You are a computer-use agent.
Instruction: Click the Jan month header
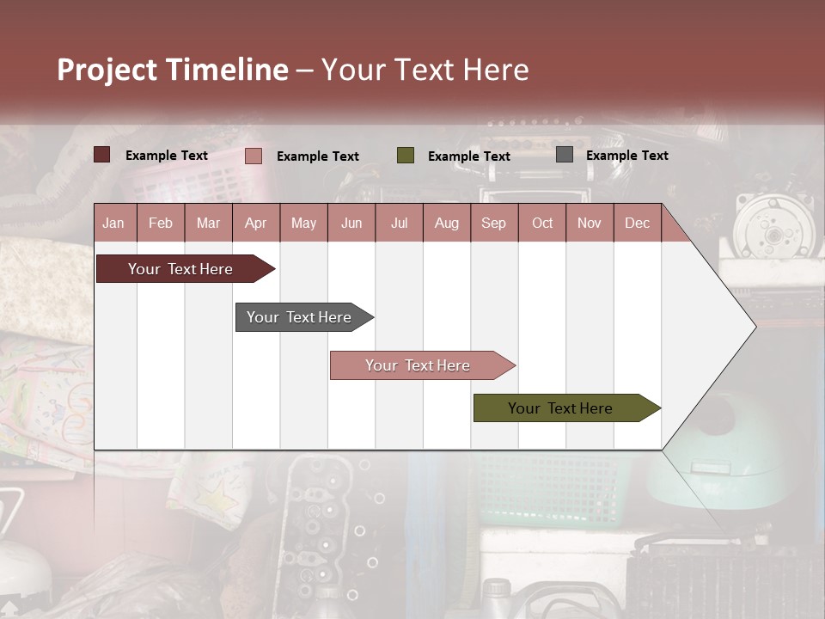pyautogui.click(x=113, y=223)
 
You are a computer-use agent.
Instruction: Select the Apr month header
pyautogui.click(x=255, y=223)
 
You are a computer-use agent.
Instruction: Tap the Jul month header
pyautogui.click(x=399, y=223)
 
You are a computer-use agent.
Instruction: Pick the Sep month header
pyautogui.click(x=493, y=223)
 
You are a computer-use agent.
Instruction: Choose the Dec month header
pyautogui.click(x=637, y=223)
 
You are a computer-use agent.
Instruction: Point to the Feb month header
pyautogui.click(x=161, y=223)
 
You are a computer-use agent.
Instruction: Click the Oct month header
pyautogui.click(x=542, y=223)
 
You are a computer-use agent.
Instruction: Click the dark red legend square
pyautogui.click(x=102, y=155)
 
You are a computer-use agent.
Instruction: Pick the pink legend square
pyautogui.click(x=254, y=156)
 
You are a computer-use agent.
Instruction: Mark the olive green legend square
pyautogui.click(x=406, y=156)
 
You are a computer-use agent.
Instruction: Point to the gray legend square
pyautogui.click(x=565, y=155)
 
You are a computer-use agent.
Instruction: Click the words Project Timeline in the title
pyautogui.click(x=172, y=70)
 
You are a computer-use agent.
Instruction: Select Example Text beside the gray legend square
pyautogui.click(x=626, y=156)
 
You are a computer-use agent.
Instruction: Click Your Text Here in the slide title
pyautogui.click(x=425, y=70)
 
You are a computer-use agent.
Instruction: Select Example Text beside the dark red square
pyautogui.click(x=167, y=156)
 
